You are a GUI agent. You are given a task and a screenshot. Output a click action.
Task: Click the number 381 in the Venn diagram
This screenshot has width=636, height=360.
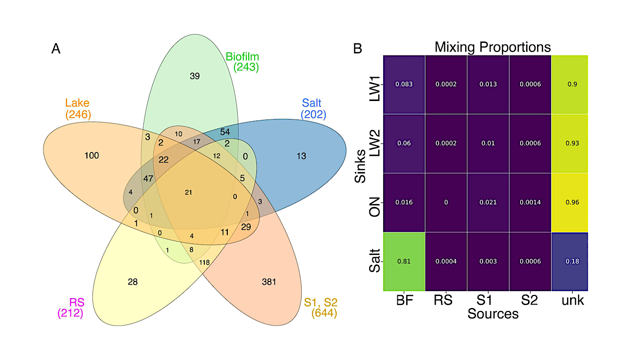coord(269,282)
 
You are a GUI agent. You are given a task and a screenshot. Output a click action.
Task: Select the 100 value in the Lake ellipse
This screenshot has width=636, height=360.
coord(91,156)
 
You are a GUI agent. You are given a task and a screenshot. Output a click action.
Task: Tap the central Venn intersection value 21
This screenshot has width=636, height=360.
coord(188,192)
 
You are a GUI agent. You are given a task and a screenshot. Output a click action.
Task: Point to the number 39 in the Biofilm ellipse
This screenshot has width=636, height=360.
coord(195,76)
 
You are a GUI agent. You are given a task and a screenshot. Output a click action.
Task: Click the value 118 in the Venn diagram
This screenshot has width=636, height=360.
coord(204,262)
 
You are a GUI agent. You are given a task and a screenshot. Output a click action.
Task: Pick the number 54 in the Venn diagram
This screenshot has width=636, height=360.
coord(225,131)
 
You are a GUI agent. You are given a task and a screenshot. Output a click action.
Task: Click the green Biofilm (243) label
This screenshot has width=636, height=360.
coord(242,61)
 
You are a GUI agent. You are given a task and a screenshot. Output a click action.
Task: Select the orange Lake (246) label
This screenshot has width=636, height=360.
coord(77,109)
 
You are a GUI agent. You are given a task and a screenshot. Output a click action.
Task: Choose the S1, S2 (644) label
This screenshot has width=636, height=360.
coord(321,308)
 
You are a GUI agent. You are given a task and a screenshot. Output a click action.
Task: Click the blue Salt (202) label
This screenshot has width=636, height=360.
coord(313,109)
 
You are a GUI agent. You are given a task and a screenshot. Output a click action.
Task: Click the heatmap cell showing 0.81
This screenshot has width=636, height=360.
coord(404,261)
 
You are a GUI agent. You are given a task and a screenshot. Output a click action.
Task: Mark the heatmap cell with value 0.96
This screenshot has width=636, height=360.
coord(570,202)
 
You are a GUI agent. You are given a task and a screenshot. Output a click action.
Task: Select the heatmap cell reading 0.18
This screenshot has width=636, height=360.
coord(570,261)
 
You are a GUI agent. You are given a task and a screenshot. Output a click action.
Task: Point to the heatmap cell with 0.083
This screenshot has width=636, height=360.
coord(404,84)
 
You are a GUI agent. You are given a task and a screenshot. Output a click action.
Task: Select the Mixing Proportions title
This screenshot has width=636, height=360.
coord(492,47)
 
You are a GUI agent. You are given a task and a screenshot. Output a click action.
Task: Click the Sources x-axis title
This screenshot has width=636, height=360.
coord(493,314)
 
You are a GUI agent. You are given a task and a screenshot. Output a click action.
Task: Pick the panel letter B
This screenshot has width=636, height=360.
coord(358,49)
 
